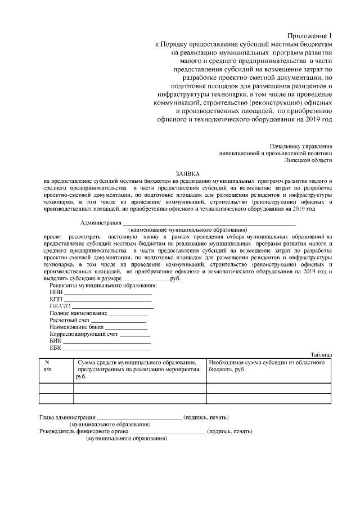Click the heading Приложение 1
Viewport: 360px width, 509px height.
point(314,35)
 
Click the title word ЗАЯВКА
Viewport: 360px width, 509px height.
point(187,174)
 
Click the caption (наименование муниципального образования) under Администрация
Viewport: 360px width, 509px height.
point(187,231)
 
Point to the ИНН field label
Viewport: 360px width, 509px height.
point(56,292)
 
